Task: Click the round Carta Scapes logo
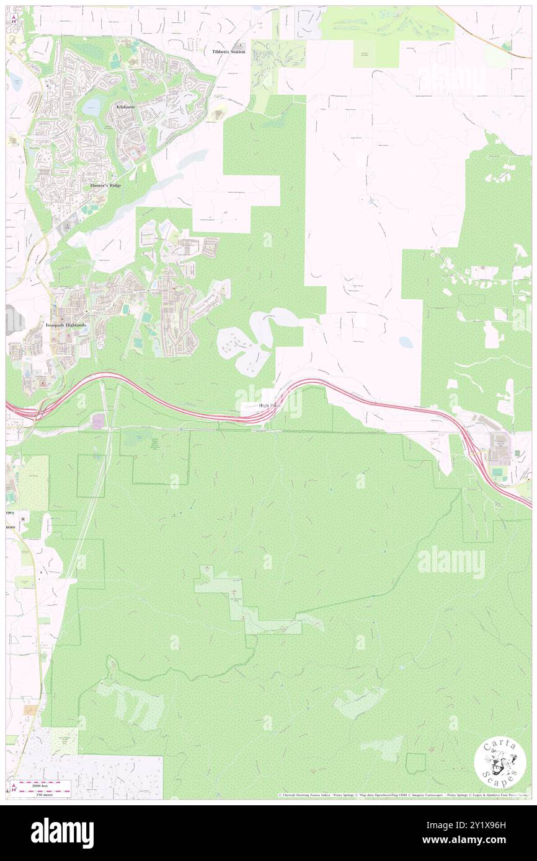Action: tap(500, 764)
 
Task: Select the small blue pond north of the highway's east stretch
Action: tap(406, 341)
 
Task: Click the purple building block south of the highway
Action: tap(99, 421)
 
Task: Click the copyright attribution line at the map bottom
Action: tap(403, 795)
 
